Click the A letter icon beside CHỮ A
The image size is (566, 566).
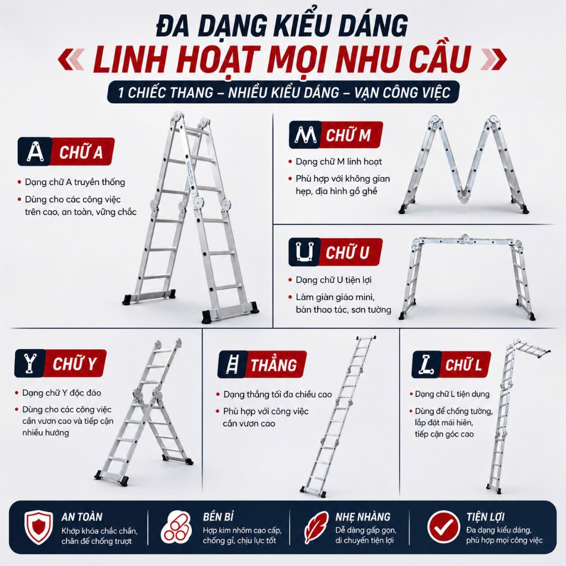click(x=35, y=151)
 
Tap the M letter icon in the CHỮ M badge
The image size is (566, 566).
click(x=305, y=135)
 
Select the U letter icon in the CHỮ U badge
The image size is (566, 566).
click(x=305, y=251)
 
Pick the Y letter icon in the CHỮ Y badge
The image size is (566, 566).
click(x=30, y=363)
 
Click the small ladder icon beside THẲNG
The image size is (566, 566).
click(x=232, y=364)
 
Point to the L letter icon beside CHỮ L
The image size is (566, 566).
click(x=426, y=364)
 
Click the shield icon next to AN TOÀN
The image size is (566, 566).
click(x=39, y=527)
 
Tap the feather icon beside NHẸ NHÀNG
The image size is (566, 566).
click(x=316, y=527)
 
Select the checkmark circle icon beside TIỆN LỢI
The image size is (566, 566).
click(x=444, y=527)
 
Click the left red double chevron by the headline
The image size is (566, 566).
click(x=71, y=59)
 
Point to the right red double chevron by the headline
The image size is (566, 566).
click(x=494, y=59)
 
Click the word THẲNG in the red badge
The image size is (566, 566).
click(x=274, y=365)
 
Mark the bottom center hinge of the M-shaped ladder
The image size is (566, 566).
click(x=464, y=197)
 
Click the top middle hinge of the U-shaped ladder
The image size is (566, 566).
click(x=464, y=238)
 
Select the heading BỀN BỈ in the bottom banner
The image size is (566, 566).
click(x=218, y=517)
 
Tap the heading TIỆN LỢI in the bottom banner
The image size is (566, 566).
click(x=485, y=517)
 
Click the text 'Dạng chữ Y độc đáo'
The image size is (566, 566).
click(x=62, y=393)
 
